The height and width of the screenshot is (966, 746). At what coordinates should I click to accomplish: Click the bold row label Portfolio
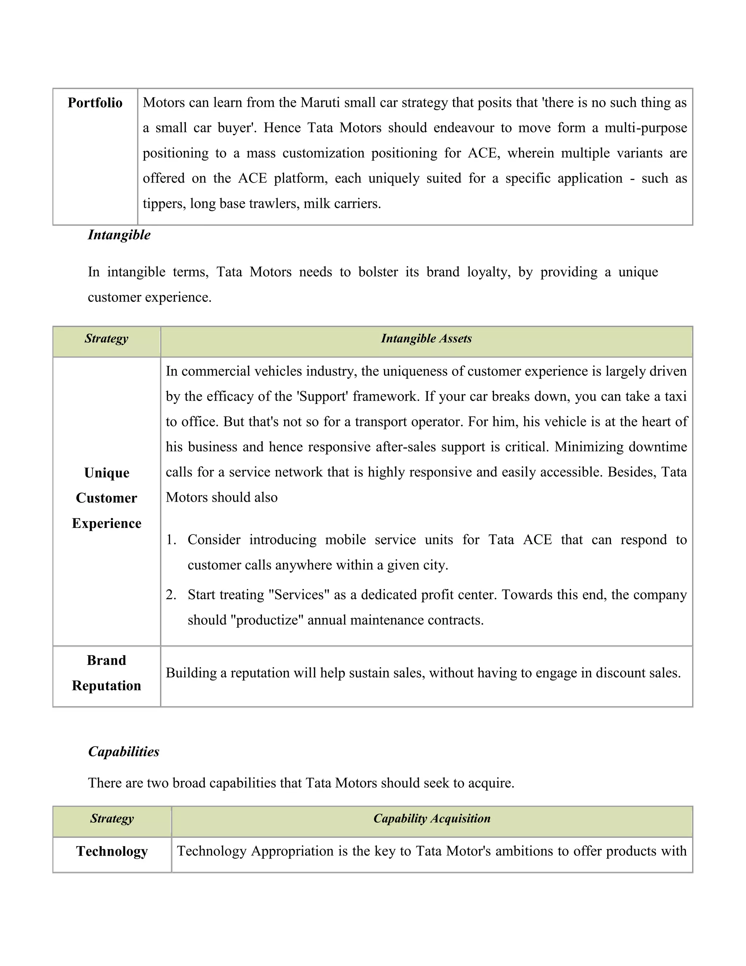tap(95, 103)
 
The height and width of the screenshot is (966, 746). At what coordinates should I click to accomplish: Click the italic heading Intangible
tap(119, 234)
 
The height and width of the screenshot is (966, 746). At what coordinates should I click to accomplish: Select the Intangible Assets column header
tap(426, 338)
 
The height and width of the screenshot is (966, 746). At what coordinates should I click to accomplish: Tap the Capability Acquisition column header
tap(432, 818)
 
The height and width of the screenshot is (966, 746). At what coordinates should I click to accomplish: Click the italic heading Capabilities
tap(124, 752)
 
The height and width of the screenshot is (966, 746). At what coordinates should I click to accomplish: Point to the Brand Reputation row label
tap(106, 673)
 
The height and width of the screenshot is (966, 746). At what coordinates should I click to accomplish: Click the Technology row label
tap(112, 851)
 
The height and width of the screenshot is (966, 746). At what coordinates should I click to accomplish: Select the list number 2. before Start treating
tap(171, 595)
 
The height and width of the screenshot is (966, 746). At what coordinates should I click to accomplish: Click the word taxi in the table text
tap(675, 396)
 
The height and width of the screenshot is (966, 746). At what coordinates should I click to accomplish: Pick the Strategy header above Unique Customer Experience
tap(106, 338)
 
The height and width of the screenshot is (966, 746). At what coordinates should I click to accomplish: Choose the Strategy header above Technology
tap(112, 818)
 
